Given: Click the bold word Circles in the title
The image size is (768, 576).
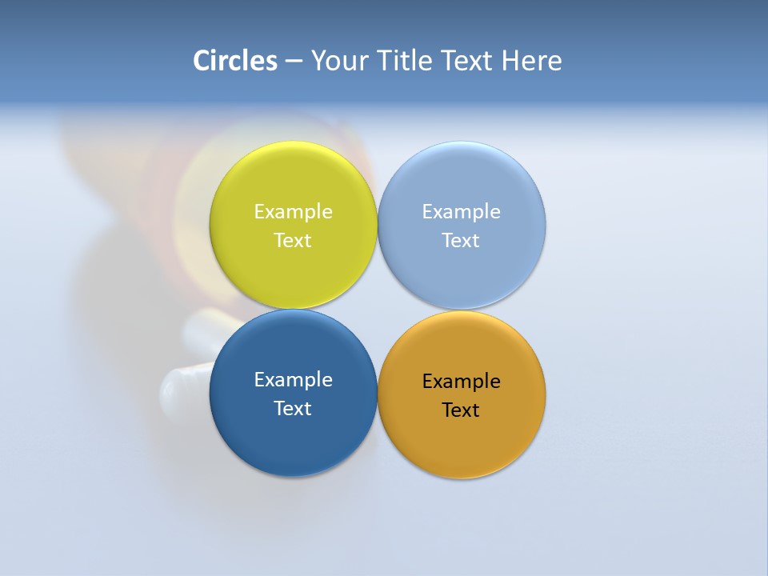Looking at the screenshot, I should pyautogui.click(x=235, y=61).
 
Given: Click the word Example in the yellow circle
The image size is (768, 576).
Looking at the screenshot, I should pyautogui.click(x=293, y=211).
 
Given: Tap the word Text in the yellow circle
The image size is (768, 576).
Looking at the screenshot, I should pyautogui.click(x=293, y=240).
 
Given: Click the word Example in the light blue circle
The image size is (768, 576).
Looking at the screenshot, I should pyautogui.click(x=462, y=211).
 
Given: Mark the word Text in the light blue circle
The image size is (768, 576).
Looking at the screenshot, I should pyautogui.click(x=462, y=240).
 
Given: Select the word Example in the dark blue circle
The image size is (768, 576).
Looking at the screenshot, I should pyautogui.click(x=293, y=379).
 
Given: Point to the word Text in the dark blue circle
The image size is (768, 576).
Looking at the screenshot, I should pyautogui.click(x=293, y=408).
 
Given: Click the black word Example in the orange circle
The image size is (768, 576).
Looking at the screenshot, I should pyautogui.click(x=462, y=381).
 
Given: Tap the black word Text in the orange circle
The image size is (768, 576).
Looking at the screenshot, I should pyautogui.click(x=462, y=410).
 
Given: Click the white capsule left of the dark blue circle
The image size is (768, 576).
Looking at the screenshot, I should pyautogui.click(x=184, y=384).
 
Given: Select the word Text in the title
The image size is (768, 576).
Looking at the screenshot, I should pyautogui.click(x=468, y=61).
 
